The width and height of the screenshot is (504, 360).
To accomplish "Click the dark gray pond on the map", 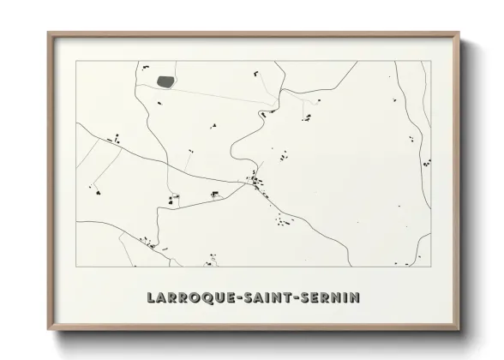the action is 165,82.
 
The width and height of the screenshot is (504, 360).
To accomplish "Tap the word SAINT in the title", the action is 268,298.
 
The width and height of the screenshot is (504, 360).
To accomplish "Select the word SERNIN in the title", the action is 330,298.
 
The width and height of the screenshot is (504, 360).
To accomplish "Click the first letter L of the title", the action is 152,298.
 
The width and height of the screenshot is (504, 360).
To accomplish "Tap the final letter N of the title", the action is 355,298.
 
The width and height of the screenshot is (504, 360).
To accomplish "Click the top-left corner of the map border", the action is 76,61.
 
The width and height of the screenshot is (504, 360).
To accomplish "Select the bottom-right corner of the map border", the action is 431,267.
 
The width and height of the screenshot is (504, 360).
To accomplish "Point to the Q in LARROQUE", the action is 207,298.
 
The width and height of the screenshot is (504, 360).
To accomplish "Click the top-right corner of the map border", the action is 431,61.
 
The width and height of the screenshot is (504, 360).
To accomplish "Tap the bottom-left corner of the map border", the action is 76,267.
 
